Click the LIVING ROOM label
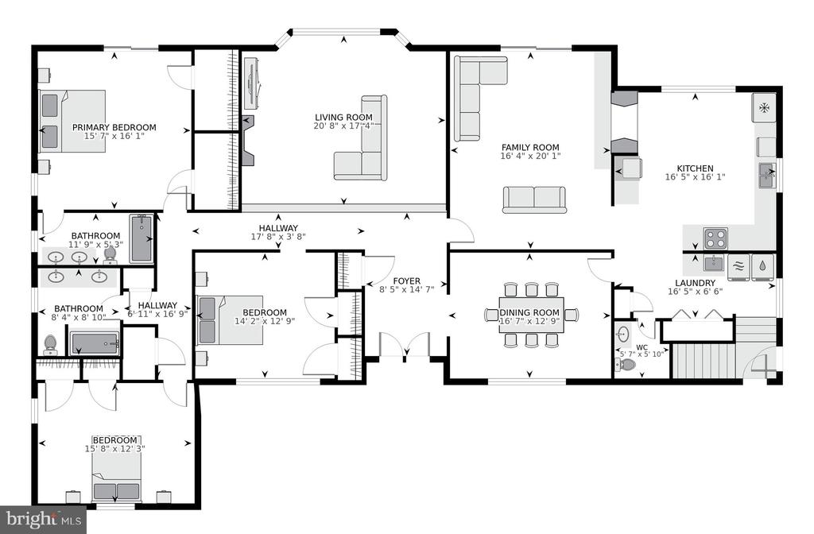343,118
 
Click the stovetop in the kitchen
715,238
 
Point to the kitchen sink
767,176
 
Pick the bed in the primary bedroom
72,122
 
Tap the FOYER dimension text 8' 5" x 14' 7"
406,289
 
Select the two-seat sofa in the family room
534,199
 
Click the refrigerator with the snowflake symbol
764,108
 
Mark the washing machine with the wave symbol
739,266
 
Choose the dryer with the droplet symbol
762,266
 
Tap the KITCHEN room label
695,168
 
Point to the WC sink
623,332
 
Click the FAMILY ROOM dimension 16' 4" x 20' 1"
530,156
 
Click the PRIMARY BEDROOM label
114,127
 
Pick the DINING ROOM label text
529,312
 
